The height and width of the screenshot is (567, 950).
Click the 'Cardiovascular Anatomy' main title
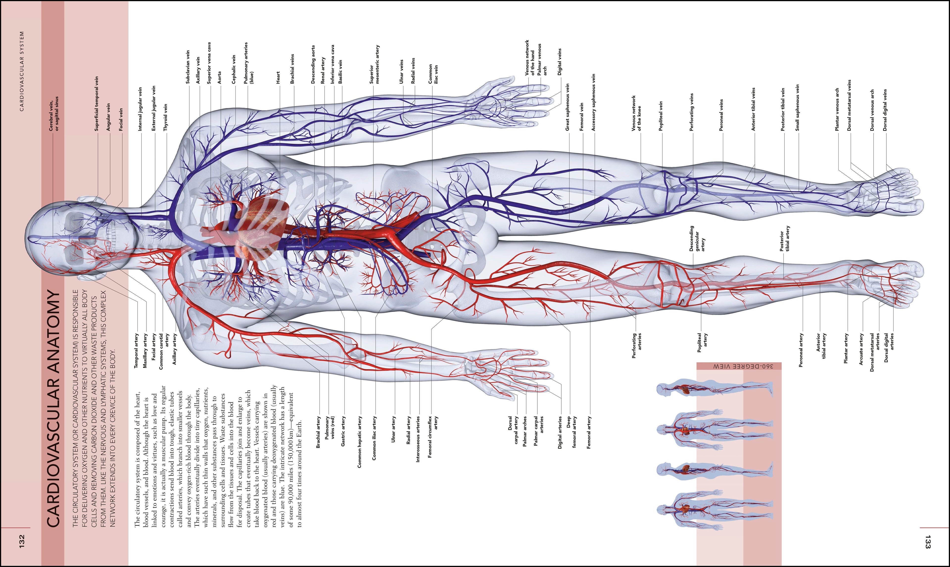53,408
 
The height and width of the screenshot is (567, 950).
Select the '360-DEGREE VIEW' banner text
739,366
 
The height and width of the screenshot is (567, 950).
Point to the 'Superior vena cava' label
209,63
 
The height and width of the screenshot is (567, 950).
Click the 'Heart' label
278,78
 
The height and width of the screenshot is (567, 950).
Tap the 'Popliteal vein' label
661,116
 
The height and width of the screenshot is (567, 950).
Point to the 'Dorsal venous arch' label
872,111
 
